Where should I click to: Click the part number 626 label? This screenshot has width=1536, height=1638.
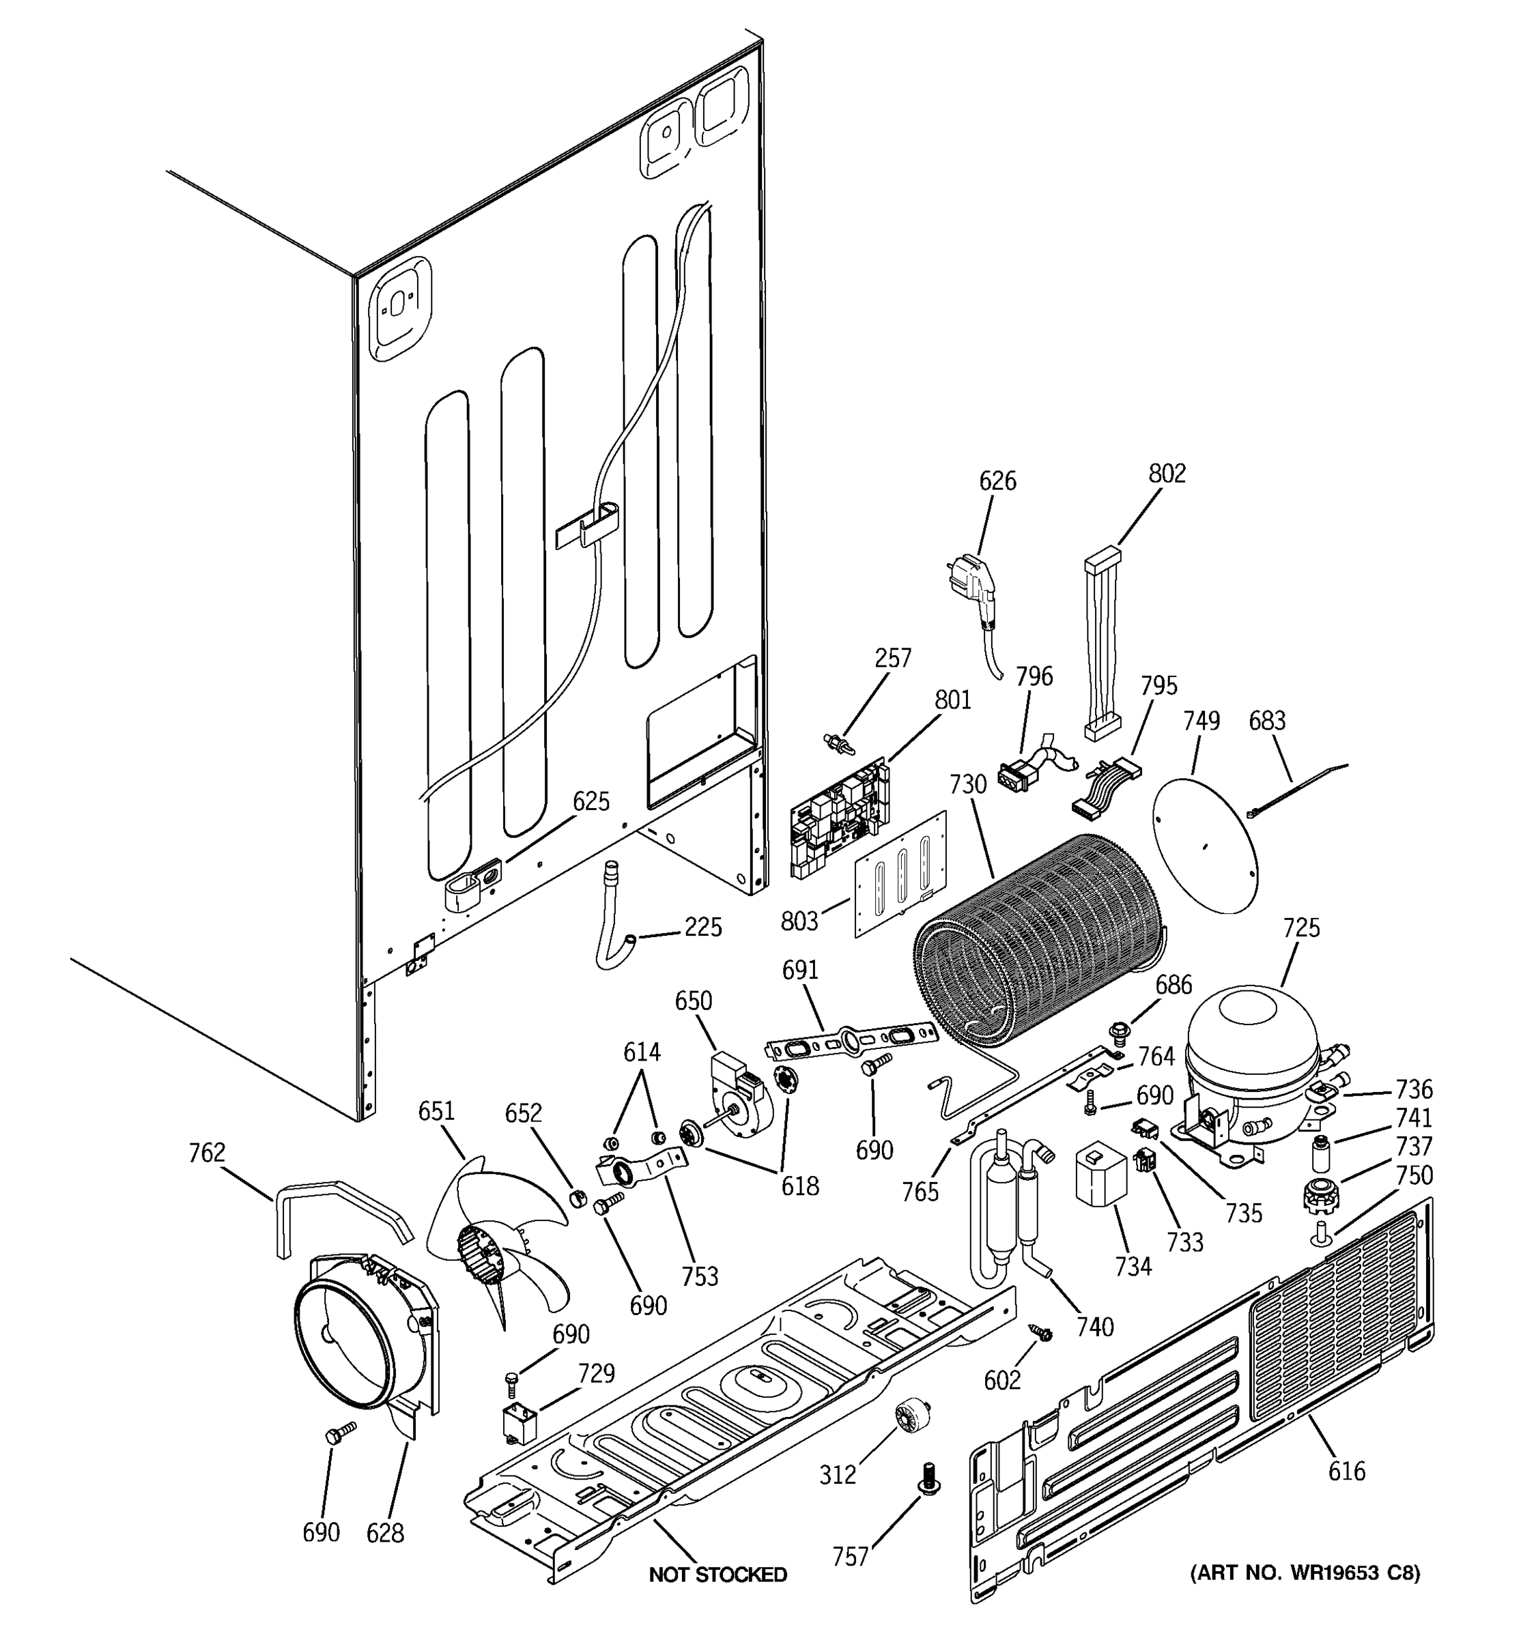(997, 481)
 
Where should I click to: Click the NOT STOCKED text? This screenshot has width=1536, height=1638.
(717, 1575)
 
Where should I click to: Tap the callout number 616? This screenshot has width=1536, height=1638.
(1346, 1471)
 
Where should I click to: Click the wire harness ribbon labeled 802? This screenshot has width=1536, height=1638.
(1102, 643)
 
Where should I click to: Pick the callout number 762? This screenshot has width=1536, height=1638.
(206, 1152)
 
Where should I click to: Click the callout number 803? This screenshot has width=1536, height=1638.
(799, 920)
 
